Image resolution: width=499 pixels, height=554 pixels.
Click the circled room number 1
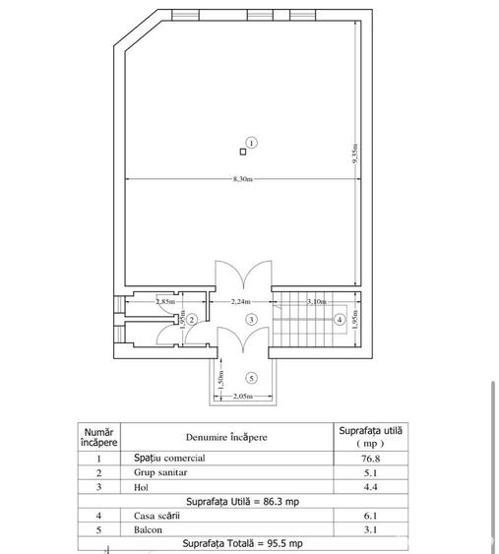252,143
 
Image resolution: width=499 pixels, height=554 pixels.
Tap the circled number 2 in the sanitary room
193,320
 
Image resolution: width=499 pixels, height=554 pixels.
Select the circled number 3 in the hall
252,320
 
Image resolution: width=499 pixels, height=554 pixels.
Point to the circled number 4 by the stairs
339,319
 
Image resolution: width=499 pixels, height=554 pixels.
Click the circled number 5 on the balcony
252,377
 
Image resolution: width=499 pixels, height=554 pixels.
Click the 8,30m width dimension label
242,178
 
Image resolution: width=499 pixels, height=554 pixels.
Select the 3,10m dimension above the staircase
317,302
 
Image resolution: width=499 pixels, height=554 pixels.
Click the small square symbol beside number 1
242,151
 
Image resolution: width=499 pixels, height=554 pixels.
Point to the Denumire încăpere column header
224,436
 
